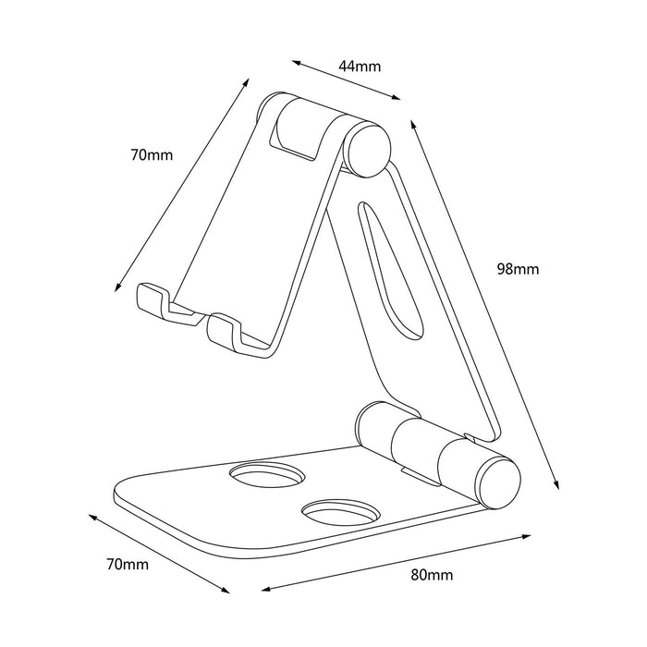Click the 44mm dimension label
click(360, 66)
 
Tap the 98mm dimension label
click(517, 269)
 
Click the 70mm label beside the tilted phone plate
click(151, 155)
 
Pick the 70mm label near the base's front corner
click(127, 563)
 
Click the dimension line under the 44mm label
click(347, 79)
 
